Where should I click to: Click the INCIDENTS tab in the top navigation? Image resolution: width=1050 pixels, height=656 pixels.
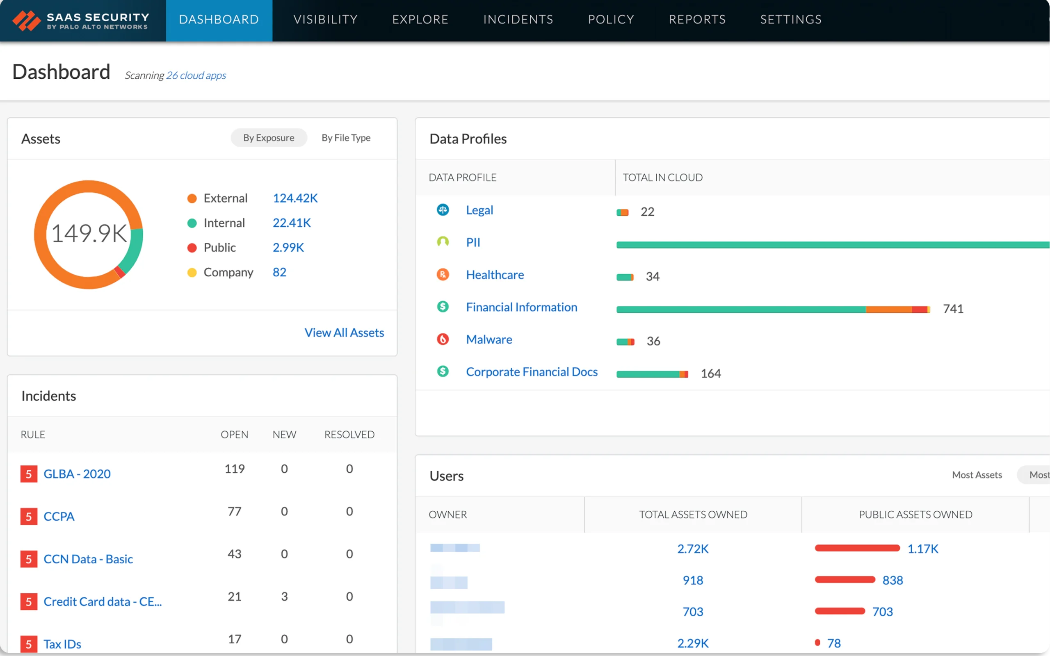point(518,20)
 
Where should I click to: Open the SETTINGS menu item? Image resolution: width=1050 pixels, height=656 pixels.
point(790,20)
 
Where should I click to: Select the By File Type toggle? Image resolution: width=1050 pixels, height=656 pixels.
point(346,138)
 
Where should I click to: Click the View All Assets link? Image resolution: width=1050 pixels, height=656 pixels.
point(344,333)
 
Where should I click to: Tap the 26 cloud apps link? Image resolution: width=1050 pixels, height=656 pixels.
point(196,75)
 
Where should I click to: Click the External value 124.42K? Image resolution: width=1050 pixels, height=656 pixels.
point(295,198)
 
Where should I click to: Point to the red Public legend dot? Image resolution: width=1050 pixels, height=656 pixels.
point(192,248)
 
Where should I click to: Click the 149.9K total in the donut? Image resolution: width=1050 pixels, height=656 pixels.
point(89,233)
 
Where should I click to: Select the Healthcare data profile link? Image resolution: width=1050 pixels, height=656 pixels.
point(495,275)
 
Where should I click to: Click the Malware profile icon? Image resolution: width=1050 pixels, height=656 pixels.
point(443,339)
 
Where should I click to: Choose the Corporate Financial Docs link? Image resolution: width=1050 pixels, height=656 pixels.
point(532,372)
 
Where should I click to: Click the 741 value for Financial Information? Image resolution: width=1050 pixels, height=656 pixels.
point(953,309)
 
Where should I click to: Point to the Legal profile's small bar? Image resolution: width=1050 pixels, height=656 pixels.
point(623,213)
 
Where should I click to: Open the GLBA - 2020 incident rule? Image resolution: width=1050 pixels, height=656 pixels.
point(77,474)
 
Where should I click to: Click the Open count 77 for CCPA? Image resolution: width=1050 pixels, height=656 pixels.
point(234,512)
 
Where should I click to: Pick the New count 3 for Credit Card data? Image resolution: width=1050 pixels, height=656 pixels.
point(284,597)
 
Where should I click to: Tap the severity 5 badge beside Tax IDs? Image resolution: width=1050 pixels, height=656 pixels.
point(29,644)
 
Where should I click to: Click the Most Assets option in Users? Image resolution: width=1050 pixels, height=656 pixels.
point(977,475)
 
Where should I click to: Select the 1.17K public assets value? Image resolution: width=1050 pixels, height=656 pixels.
point(923,549)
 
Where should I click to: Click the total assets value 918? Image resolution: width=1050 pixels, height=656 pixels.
point(692,581)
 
